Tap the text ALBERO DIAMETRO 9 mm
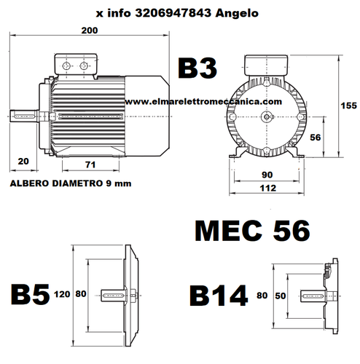(71, 184)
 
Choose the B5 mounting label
(29, 295)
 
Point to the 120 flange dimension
(61, 296)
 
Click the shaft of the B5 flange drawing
(114, 294)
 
